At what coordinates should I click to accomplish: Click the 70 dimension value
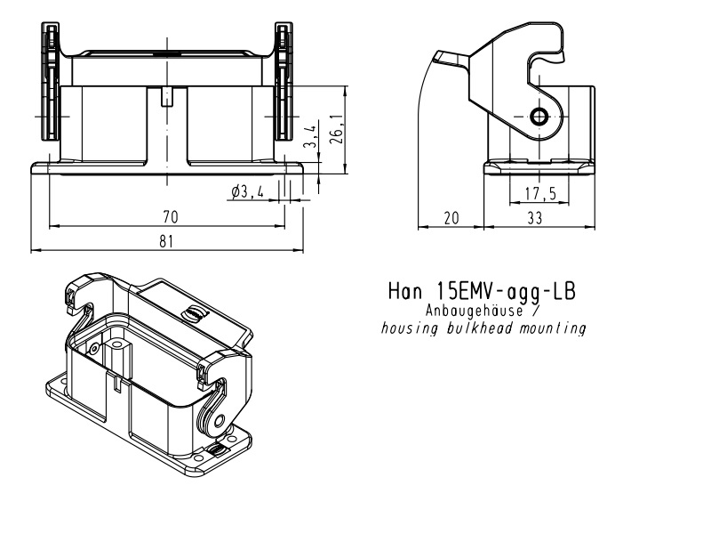[171, 217]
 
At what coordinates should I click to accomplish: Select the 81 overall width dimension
[166, 241]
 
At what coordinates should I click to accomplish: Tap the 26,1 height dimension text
[336, 129]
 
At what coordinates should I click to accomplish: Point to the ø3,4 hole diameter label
[247, 192]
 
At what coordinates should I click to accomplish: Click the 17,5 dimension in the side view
[540, 193]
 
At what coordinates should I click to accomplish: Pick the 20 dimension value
[451, 218]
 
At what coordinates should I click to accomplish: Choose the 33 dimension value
[535, 218]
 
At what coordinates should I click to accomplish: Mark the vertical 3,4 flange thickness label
[310, 136]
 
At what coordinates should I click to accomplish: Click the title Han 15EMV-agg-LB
[482, 291]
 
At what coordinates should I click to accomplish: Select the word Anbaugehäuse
[475, 311]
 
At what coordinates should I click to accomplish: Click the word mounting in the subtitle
[553, 328]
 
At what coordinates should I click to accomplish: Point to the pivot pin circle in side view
[539, 117]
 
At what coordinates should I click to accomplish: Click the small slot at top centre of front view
[167, 96]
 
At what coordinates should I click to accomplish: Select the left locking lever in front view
[51, 81]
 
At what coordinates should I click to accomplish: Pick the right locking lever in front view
[284, 81]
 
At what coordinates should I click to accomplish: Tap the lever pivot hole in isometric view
[220, 421]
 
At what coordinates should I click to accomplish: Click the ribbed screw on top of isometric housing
[193, 313]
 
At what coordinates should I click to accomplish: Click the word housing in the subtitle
[410, 328]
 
